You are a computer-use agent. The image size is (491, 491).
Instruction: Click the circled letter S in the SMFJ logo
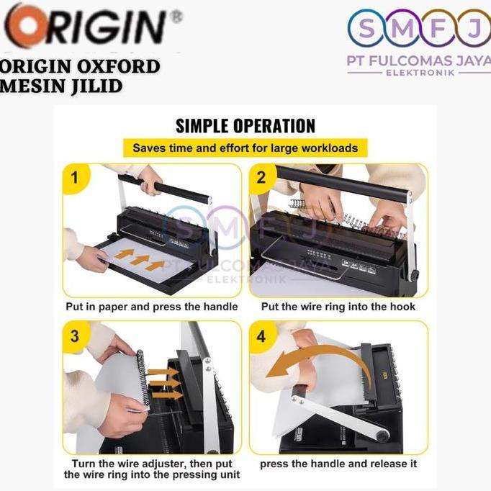[x=366, y=28]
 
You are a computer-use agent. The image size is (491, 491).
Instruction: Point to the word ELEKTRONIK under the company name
[x=420, y=73]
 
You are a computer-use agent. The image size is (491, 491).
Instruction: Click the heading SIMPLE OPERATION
[x=245, y=126]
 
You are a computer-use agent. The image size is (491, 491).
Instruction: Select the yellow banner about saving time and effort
[x=245, y=148]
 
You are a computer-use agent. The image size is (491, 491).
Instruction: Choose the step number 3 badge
[x=76, y=335]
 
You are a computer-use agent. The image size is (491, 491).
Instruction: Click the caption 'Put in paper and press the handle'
[x=151, y=307]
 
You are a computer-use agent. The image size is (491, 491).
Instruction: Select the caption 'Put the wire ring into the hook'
[x=338, y=307]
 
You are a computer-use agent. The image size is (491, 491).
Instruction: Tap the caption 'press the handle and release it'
[x=338, y=464]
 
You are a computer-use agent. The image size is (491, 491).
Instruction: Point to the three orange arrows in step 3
[x=164, y=383]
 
